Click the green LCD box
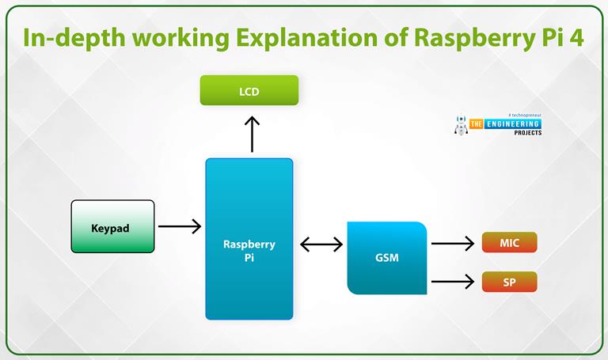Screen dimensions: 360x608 click(x=249, y=91)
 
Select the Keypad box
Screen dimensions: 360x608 click(x=112, y=226)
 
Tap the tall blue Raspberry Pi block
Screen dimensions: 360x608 click(x=249, y=239)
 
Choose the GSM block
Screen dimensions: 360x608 click(x=387, y=259)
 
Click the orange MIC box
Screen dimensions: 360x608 click(x=509, y=243)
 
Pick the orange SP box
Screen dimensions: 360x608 click(x=509, y=282)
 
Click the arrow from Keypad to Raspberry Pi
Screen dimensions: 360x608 click(x=179, y=227)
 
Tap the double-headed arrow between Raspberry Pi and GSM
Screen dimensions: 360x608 click(x=321, y=244)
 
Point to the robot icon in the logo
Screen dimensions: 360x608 click(x=461, y=126)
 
